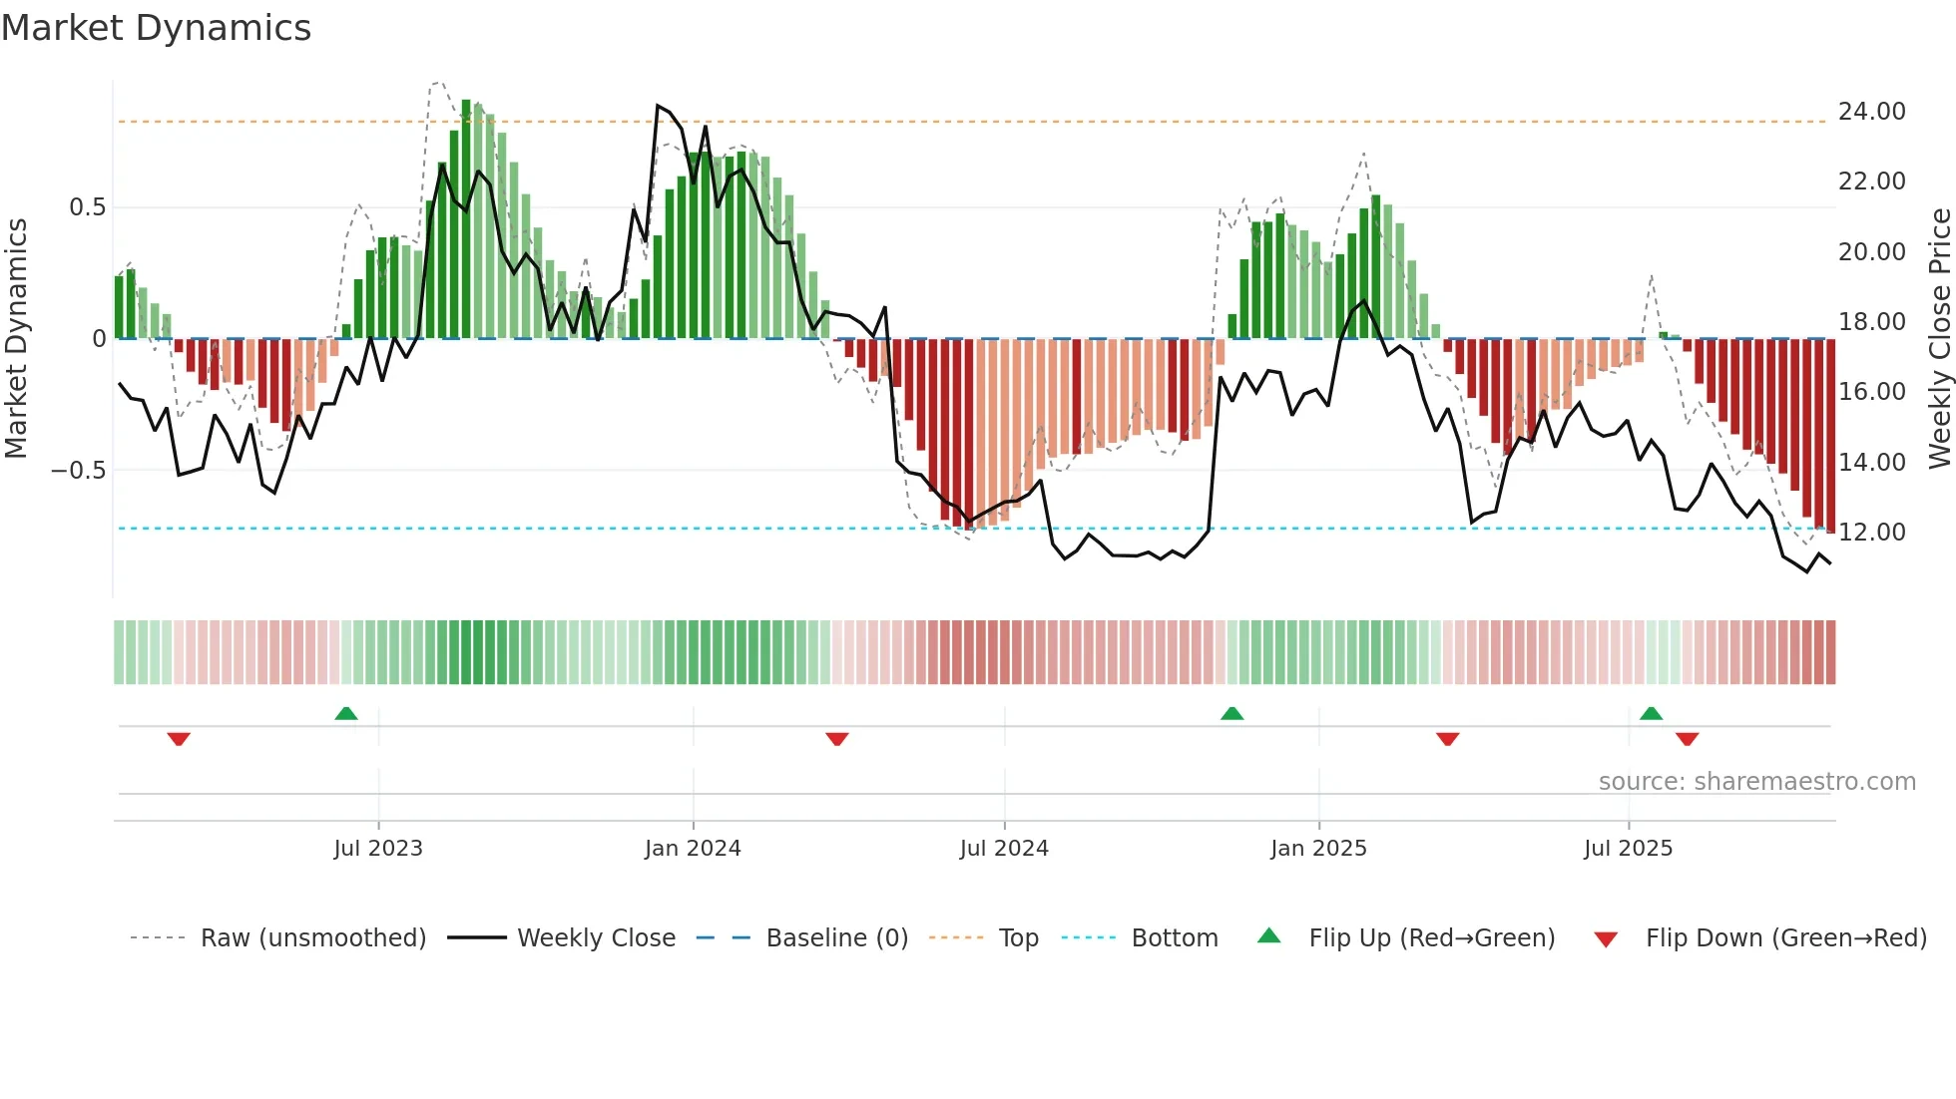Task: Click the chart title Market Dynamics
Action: point(156,28)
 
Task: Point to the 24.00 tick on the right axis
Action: point(1871,112)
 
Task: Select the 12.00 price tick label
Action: point(1871,533)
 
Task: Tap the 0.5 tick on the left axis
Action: point(87,207)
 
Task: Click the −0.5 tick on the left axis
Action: point(79,471)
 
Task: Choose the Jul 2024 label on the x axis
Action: point(1004,849)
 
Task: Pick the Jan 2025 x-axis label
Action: point(1318,849)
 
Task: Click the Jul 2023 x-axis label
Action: point(378,849)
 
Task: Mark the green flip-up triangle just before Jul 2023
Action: point(346,714)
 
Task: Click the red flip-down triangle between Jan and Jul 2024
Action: point(837,739)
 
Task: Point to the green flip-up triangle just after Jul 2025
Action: point(1651,714)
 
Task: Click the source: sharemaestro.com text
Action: point(1756,782)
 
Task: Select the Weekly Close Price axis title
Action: point(1939,338)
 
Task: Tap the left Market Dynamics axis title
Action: point(17,338)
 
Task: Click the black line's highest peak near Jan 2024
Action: point(658,105)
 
